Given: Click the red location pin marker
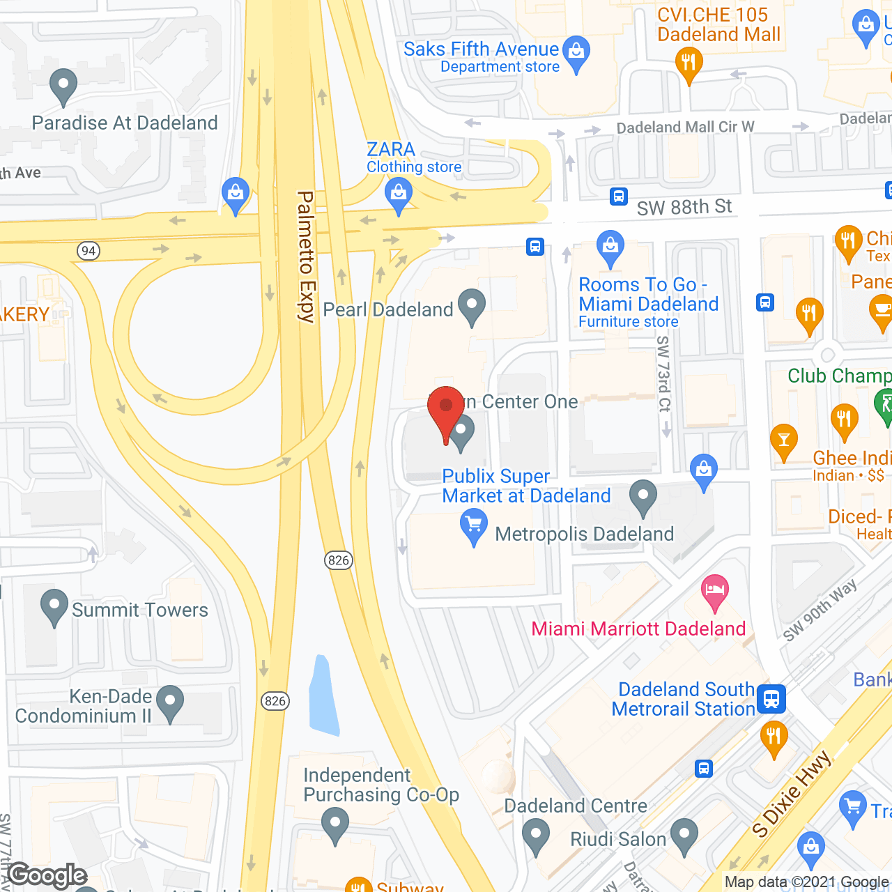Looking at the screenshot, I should [446, 408].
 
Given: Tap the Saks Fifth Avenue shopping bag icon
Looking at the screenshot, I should [576, 53].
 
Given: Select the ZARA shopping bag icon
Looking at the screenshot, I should [399, 194].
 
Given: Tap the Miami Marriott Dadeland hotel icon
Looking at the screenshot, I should [714, 592].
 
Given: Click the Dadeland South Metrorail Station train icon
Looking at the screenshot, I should [771, 698].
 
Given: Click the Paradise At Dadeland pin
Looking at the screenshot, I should [63, 86].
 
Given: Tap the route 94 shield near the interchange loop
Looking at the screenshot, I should [89, 251].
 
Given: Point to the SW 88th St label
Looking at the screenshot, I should [684, 207].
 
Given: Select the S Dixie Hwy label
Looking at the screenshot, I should [792, 794].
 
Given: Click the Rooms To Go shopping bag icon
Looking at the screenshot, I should [610, 247].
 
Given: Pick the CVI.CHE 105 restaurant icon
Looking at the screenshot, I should [689, 64].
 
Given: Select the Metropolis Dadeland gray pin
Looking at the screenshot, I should [643, 497].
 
